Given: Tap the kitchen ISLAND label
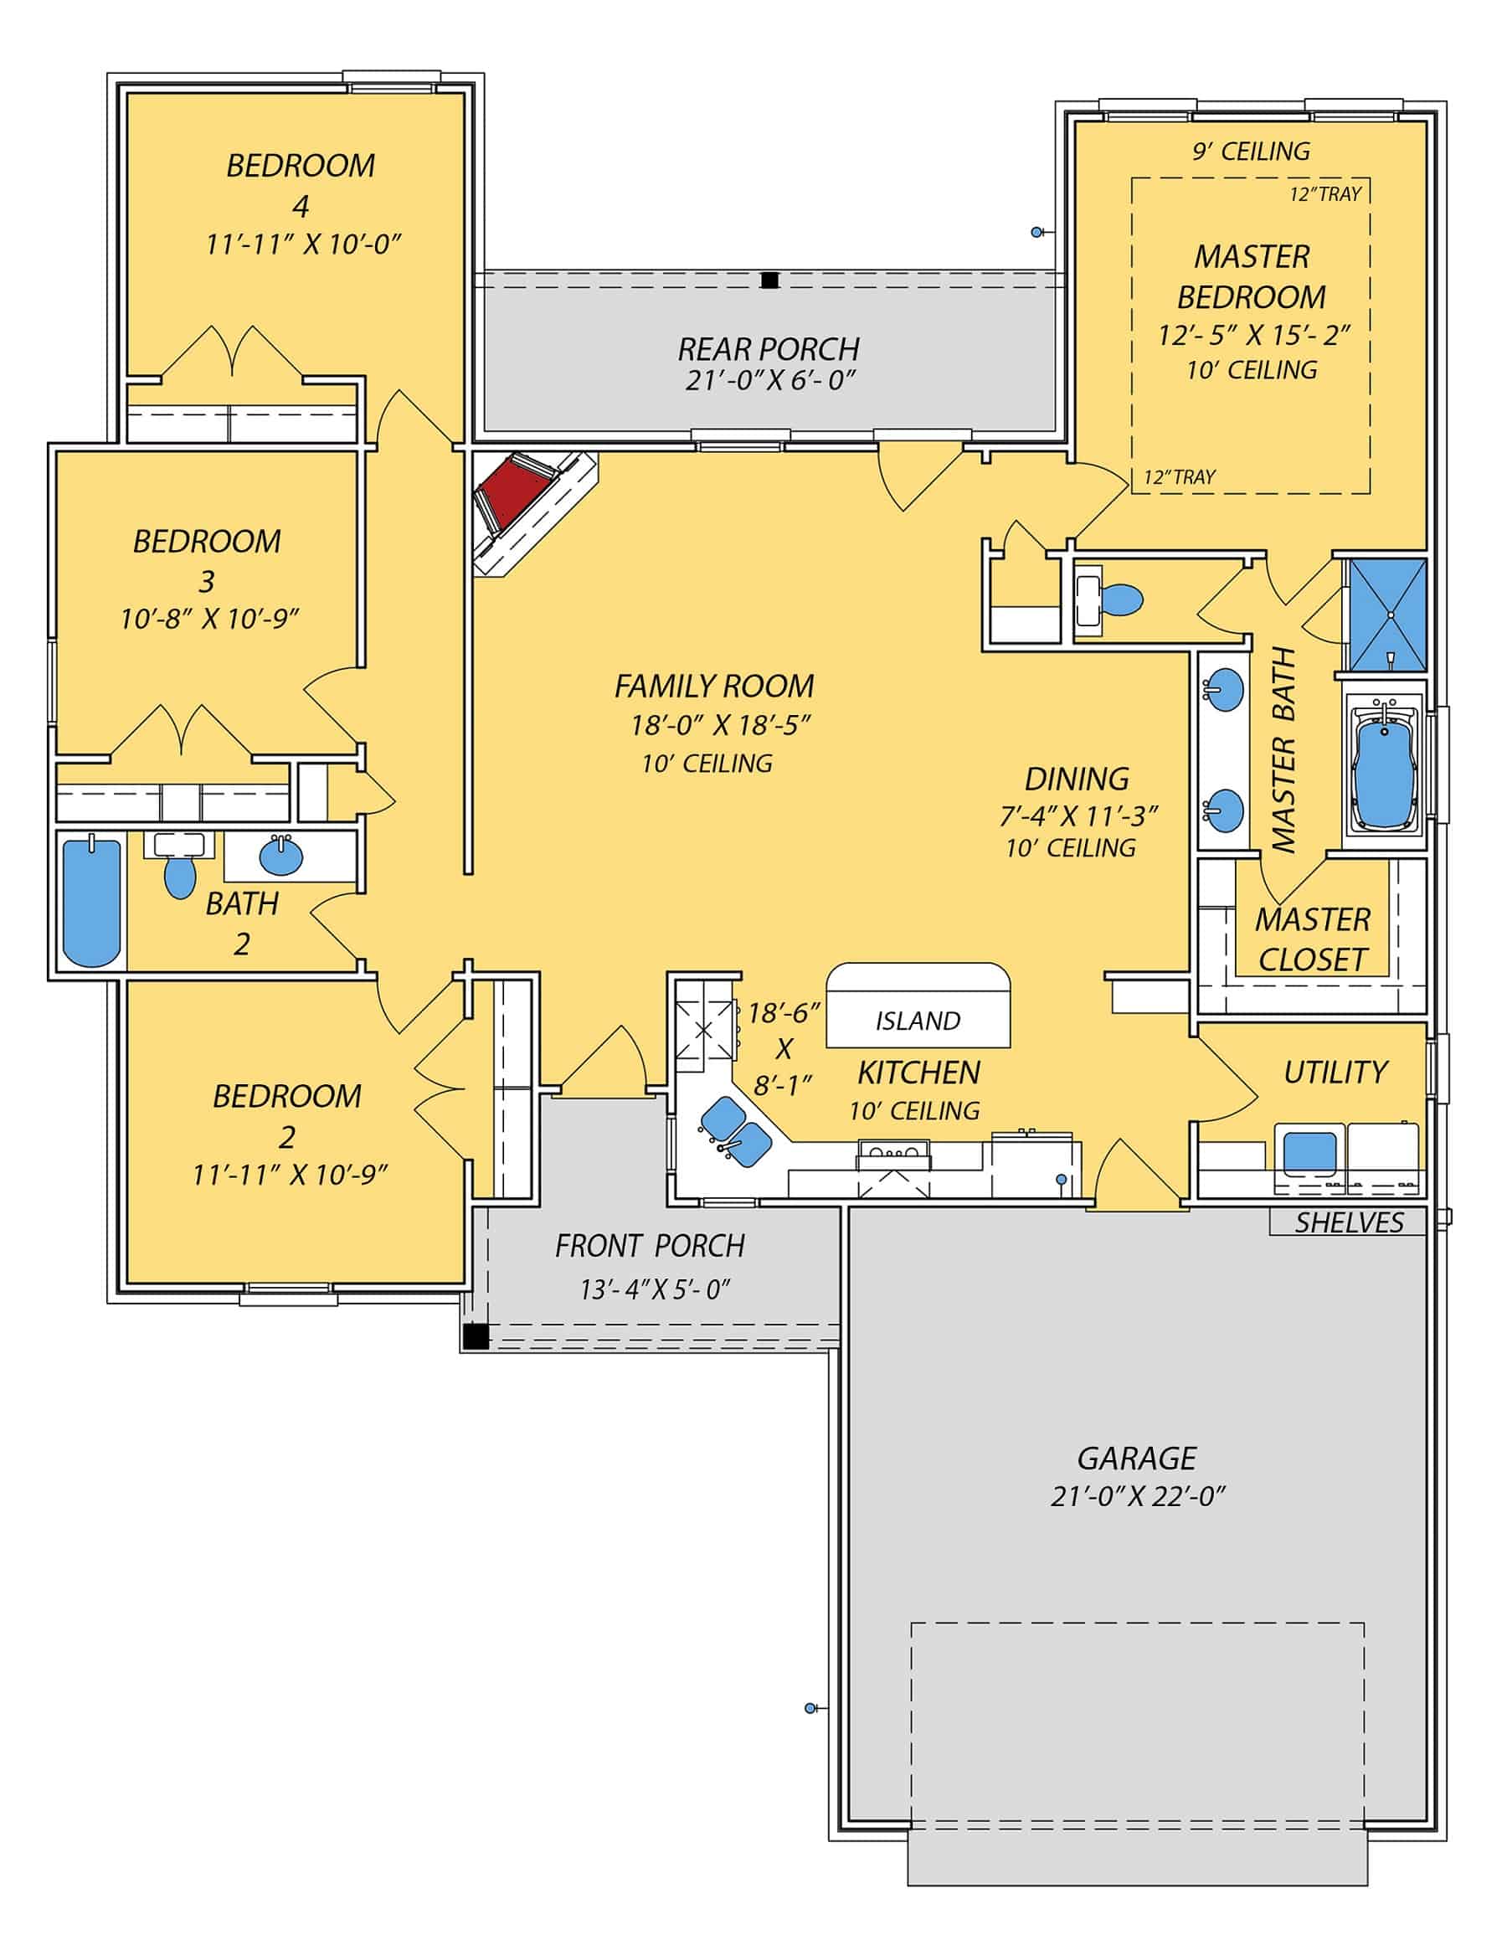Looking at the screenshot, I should click(918, 1021).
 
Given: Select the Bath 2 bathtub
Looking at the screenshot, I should click(92, 902).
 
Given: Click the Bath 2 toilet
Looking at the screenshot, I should click(180, 876).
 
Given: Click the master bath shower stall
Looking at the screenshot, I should click(1386, 615).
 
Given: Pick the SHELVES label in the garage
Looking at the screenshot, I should click(1349, 1222).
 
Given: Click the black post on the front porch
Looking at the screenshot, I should click(476, 1336).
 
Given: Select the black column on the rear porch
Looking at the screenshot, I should click(769, 280).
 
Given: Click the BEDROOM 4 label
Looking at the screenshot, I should click(300, 186).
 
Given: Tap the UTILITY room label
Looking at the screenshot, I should click(1335, 1073).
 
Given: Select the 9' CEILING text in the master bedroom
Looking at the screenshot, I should click(1252, 152).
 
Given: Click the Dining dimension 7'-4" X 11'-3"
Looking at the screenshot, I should click(1078, 816).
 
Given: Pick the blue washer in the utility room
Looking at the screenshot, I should click(1309, 1152).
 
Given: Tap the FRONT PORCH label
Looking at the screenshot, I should click(650, 1246).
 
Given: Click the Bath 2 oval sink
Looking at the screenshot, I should click(281, 857).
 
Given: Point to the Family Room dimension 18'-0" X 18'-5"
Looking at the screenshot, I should click(719, 725).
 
